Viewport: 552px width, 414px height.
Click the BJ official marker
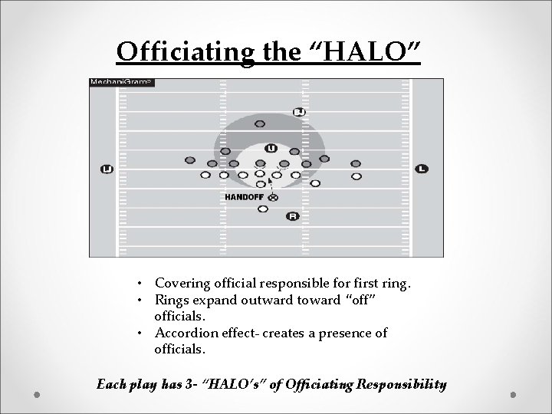[x=299, y=112]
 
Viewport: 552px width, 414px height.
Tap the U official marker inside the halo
[x=271, y=148]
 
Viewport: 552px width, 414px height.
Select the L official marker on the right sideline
[x=422, y=169]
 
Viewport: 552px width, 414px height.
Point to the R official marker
[x=292, y=216]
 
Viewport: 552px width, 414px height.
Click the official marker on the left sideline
[x=107, y=169]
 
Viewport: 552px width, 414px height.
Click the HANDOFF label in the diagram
[x=244, y=197]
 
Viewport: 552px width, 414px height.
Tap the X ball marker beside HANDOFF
[x=273, y=197]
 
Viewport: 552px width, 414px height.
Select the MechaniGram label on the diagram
[x=122, y=82]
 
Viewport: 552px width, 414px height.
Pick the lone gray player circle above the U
[x=260, y=123]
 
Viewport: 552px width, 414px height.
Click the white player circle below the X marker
[x=263, y=209]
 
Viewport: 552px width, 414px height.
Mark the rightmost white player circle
[x=356, y=176]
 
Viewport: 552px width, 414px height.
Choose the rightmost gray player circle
[x=356, y=163]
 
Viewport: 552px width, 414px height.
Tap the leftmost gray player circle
[x=190, y=160]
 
